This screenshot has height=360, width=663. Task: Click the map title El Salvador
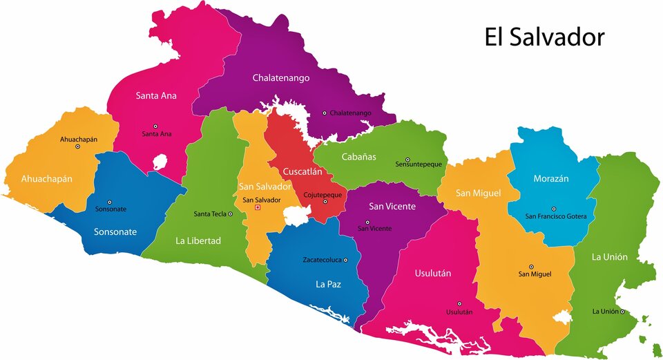544,37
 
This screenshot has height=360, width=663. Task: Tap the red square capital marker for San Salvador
258,207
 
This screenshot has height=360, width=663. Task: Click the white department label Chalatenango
280,77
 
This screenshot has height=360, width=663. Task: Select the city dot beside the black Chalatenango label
325,113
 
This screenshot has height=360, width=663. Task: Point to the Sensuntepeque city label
419,164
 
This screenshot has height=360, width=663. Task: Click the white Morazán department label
550,178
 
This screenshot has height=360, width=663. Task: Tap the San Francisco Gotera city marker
553,209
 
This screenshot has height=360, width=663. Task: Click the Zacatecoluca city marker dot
345,260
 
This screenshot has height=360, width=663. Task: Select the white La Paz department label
328,283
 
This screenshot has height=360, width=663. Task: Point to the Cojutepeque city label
323,195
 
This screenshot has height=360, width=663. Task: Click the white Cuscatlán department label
302,171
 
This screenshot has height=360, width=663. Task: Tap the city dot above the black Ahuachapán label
78,146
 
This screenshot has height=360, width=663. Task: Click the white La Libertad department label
198,240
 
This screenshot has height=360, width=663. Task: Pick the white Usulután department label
432,273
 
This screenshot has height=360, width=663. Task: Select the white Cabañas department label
358,157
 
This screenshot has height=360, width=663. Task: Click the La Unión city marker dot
622,312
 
